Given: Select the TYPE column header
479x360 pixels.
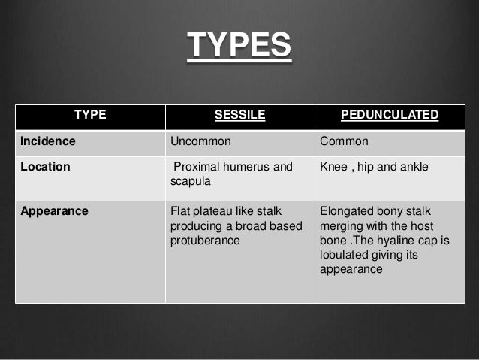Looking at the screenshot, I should (x=90, y=115).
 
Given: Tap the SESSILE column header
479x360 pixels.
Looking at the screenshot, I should (x=239, y=115).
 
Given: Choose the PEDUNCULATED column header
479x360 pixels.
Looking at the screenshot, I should (x=389, y=115).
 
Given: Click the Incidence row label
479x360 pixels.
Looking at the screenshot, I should (x=48, y=141).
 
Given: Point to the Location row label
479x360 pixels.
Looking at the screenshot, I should (x=45, y=167).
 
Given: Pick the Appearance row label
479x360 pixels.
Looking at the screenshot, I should (x=54, y=211).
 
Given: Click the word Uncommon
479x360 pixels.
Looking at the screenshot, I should (x=200, y=141).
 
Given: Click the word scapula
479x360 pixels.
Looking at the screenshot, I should (x=191, y=182).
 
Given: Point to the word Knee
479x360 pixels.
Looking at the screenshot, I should (x=333, y=167).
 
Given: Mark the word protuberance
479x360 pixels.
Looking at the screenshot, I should (x=205, y=241).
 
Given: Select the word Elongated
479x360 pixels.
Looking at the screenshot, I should (x=348, y=211).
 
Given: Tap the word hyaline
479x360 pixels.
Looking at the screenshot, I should (x=400, y=241).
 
